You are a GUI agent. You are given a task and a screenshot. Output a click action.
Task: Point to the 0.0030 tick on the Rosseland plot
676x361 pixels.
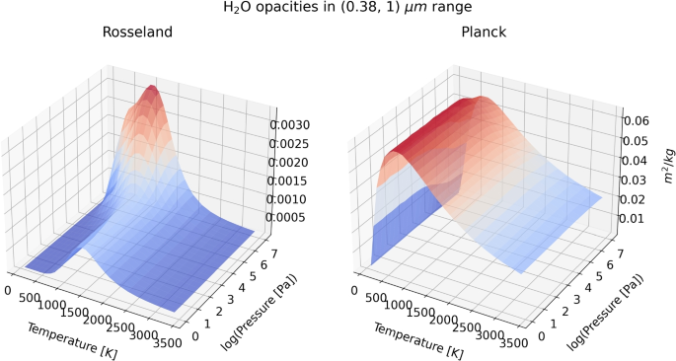[295, 125]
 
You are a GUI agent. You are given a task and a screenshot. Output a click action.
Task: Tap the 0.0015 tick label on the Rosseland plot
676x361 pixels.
[295, 180]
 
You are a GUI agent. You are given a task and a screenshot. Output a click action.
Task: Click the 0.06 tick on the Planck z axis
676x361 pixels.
[637, 120]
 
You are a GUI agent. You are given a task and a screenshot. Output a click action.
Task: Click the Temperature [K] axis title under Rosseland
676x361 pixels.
[71, 340]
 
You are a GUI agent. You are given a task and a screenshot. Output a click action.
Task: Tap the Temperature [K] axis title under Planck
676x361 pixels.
[413, 340]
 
